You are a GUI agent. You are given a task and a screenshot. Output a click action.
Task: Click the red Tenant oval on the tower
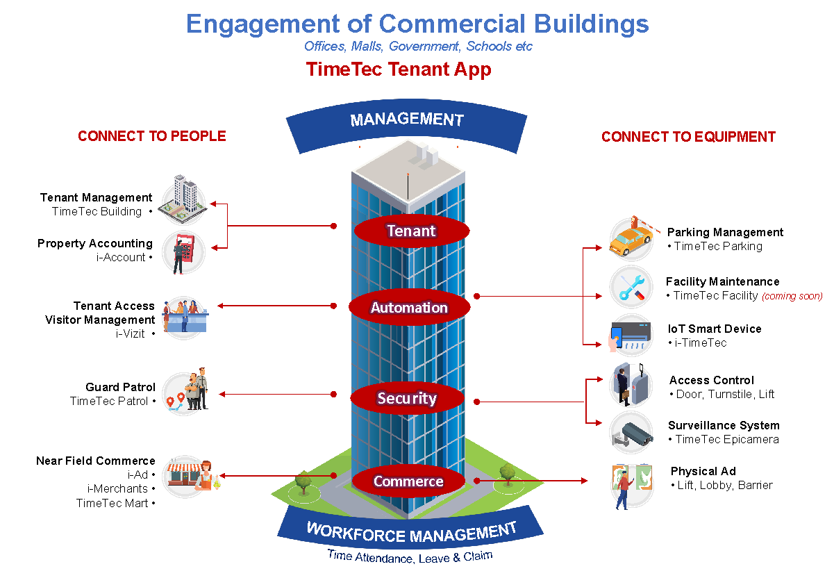pos(411,231)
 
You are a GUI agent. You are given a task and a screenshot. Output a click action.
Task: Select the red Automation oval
pos(409,307)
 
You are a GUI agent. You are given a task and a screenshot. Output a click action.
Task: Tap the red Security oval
pos(407,398)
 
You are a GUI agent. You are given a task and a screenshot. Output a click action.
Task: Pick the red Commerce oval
pos(408,481)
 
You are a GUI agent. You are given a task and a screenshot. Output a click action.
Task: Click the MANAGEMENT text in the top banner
pos(407,119)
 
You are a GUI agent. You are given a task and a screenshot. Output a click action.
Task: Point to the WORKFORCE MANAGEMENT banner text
pos(411,532)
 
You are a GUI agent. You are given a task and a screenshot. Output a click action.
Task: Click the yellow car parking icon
pos(631,238)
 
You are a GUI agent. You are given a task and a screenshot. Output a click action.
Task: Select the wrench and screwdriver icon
pos(631,287)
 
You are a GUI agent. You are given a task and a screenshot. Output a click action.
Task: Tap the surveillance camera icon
pos(631,433)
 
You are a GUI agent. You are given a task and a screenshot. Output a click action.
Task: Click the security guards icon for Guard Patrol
pos(185,390)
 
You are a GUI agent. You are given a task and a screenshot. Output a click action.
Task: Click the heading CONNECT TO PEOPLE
pos(152,136)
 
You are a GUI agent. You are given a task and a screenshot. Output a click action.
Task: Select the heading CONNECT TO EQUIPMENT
pos(688,137)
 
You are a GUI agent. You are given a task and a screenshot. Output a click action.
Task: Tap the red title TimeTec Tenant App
pos(399,69)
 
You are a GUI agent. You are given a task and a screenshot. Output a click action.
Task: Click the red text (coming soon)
pos(792,296)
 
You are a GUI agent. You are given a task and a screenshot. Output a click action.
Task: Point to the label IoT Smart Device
pos(715,329)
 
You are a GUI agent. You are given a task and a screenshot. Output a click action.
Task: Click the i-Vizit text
pos(130,333)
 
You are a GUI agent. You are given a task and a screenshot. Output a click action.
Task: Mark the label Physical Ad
pos(703,471)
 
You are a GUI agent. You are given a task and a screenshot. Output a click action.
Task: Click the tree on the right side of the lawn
pos(508,474)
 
